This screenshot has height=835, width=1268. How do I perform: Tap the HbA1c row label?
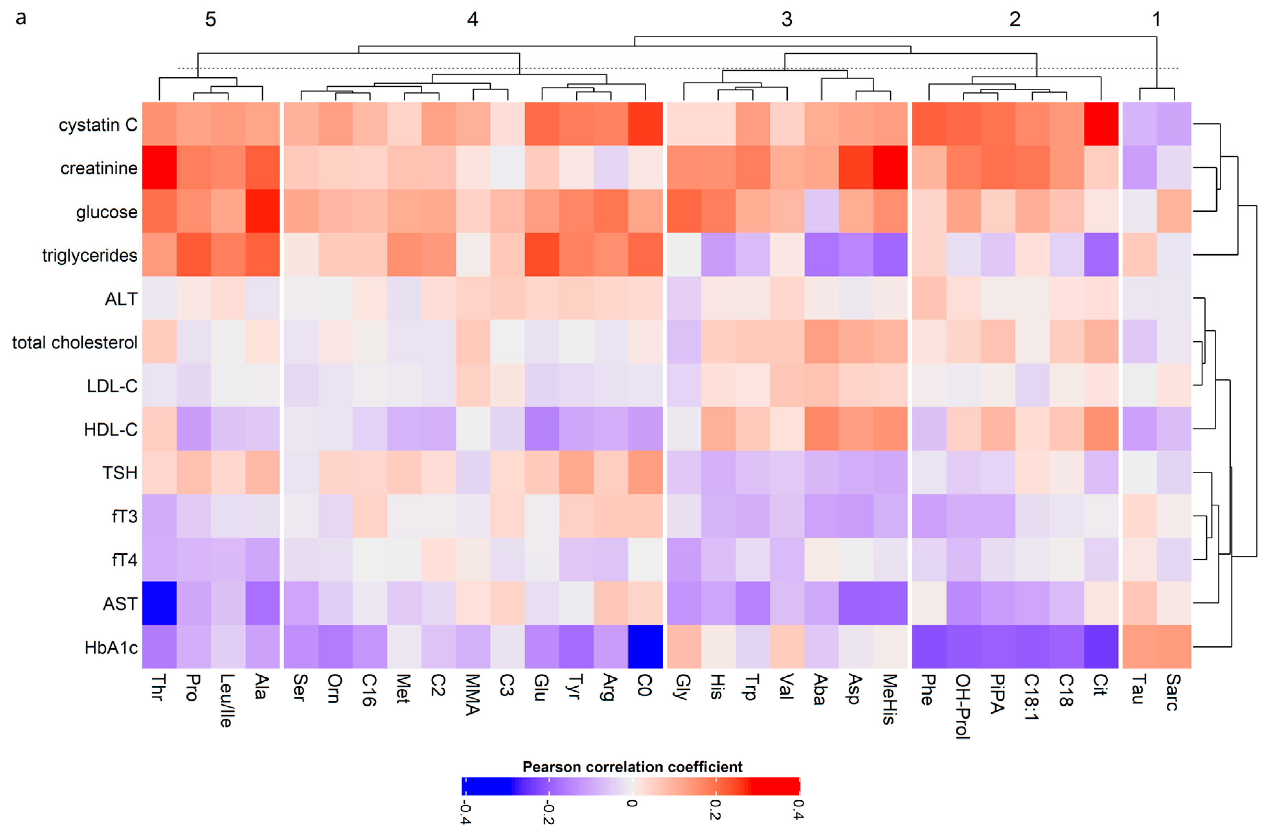pyautogui.click(x=111, y=647)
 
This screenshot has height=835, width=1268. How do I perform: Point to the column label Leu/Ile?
pyautogui.click(x=226, y=701)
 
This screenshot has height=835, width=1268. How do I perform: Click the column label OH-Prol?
pyautogui.click(x=962, y=706)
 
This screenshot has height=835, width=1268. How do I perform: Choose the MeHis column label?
pyautogui.click(x=889, y=699)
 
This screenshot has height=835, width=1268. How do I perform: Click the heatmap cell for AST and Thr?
pyautogui.click(x=159, y=603)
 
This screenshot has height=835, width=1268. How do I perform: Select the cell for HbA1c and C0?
pyautogui.click(x=645, y=647)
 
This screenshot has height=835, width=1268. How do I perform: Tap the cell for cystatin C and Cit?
pyautogui.click(x=1101, y=124)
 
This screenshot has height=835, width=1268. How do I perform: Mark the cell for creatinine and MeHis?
pyautogui.click(x=890, y=167)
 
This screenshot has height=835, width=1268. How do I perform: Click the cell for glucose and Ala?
pyautogui.click(x=262, y=211)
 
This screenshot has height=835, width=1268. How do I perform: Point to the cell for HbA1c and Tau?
pyautogui.click(x=1140, y=647)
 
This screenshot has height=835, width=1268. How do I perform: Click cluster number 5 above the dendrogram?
pyautogui.click(x=211, y=20)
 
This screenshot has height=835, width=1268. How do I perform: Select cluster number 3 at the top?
pyautogui.click(x=786, y=20)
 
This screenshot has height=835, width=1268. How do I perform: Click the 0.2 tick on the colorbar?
pyautogui.click(x=715, y=809)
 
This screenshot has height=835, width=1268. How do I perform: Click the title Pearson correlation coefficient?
pyautogui.click(x=632, y=767)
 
